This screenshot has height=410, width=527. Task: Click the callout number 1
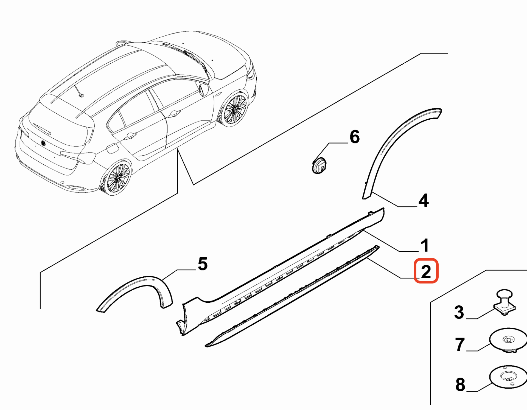(425, 245)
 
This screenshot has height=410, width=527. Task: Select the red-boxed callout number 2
(426, 271)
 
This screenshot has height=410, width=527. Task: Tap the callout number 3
(459, 312)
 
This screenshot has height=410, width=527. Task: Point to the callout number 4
(424, 201)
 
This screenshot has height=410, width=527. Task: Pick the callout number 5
(203, 264)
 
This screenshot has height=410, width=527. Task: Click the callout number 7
(460, 344)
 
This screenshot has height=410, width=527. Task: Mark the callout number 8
(460, 384)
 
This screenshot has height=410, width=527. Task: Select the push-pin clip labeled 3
(504, 303)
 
